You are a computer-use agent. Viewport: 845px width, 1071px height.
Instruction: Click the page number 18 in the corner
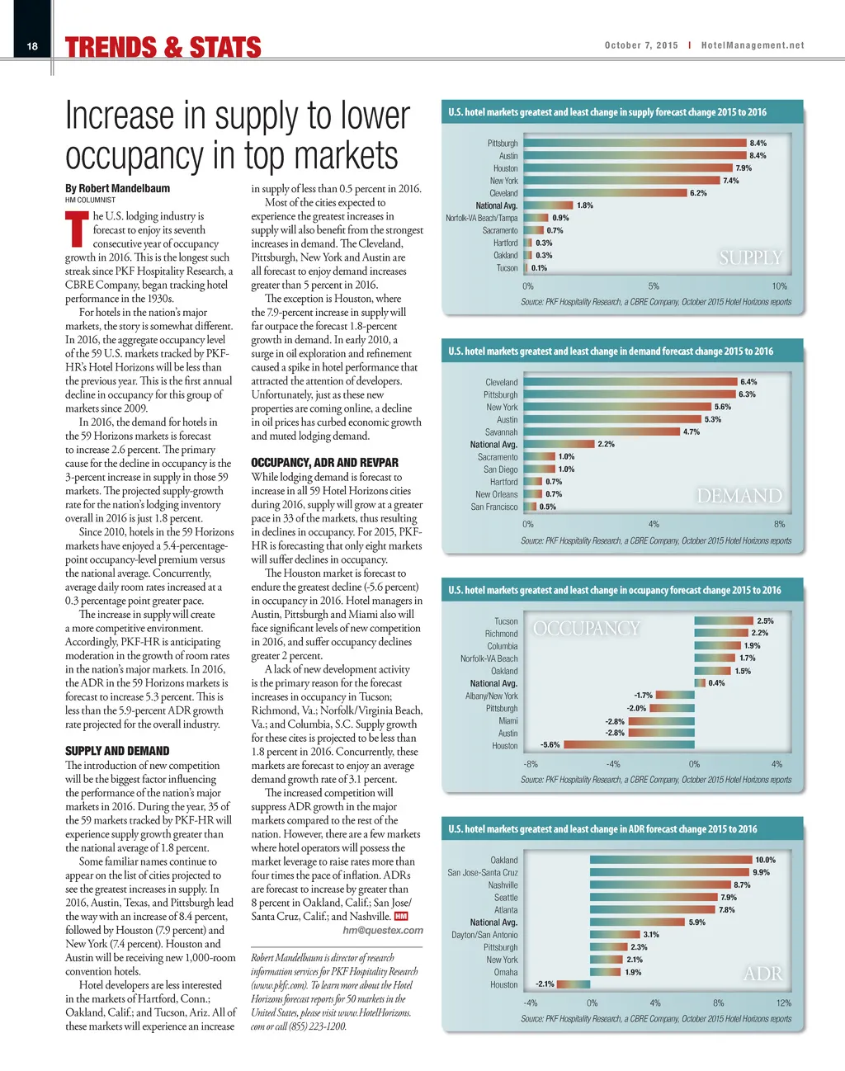pyautogui.click(x=32, y=46)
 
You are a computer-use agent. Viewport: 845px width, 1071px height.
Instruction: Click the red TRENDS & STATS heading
pyautogui.click(x=163, y=48)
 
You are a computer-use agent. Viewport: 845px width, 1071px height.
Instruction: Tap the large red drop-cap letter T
pyautogui.click(x=77, y=230)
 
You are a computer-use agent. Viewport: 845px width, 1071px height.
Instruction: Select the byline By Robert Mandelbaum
pyautogui.click(x=117, y=188)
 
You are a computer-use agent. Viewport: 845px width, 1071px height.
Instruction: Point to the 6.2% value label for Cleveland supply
pyautogui.click(x=698, y=193)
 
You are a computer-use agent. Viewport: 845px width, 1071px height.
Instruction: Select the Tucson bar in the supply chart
pyautogui.click(x=526, y=268)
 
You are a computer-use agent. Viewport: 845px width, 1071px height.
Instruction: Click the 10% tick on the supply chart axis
pyautogui.click(x=779, y=286)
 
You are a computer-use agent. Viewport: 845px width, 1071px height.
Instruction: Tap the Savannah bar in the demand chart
pyautogui.click(x=602, y=432)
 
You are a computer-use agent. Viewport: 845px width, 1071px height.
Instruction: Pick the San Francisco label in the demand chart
pyautogui.click(x=494, y=507)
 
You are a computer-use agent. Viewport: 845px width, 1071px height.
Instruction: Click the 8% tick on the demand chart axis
pyautogui.click(x=779, y=524)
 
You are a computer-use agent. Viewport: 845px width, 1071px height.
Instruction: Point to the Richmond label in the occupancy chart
pyautogui.click(x=501, y=634)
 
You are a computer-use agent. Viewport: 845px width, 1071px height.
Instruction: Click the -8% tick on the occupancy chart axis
pyautogui.click(x=531, y=764)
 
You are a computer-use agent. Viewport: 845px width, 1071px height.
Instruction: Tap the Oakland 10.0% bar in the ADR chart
pyautogui.click(x=670, y=860)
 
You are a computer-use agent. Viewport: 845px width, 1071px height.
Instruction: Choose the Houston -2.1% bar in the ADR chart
pyautogui.click(x=574, y=984)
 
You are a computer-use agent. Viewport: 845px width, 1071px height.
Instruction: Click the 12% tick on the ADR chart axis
pyautogui.click(x=783, y=1003)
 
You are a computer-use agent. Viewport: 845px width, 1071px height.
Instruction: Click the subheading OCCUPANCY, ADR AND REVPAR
pyautogui.click(x=324, y=463)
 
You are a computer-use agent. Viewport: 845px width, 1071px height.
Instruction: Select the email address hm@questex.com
pyautogui.click(x=383, y=930)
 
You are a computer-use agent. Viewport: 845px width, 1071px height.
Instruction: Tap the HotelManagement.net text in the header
pyautogui.click(x=752, y=45)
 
